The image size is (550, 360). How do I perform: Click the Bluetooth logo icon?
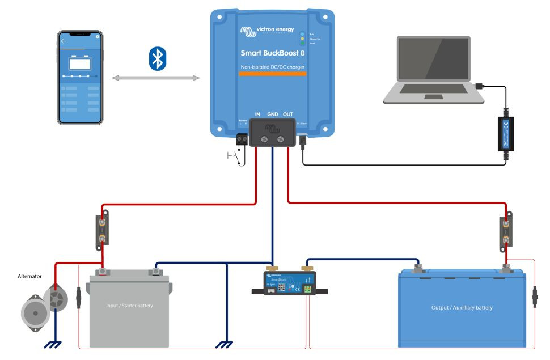[156, 59]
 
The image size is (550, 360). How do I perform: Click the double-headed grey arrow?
[156, 78]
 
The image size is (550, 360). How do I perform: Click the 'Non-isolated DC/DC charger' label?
[272, 67]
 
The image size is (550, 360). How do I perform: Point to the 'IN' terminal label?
[257, 114]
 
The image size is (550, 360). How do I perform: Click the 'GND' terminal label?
[273, 114]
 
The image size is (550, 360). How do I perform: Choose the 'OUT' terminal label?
[288, 114]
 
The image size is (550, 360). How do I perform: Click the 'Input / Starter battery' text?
[129, 306]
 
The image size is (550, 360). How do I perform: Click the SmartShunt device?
[291, 282]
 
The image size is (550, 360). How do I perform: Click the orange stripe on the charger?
[272, 74]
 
